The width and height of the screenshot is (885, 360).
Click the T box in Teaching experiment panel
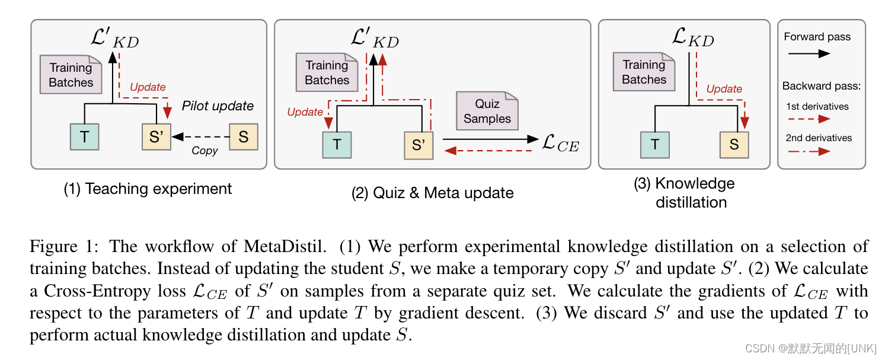pyautogui.click(x=84, y=136)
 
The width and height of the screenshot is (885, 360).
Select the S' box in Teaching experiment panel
pyautogui.click(x=156, y=136)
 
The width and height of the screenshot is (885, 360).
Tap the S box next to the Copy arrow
pyautogui.click(x=243, y=136)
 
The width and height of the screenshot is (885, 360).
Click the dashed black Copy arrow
pyautogui.click(x=202, y=136)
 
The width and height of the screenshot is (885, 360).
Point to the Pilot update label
pyautogui.click(x=218, y=106)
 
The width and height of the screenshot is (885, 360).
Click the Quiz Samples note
pyautogui.click(x=487, y=111)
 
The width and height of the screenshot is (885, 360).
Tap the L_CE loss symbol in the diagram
pyautogui.click(x=561, y=144)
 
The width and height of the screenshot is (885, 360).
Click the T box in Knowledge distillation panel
pyautogui.click(x=654, y=144)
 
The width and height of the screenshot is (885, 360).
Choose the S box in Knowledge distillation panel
pyautogui.click(x=734, y=144)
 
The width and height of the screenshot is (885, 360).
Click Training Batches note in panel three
pyautogui.click(x=644, y=72)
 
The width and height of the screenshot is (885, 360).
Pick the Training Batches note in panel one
pyautogui.click(x=71, y=75)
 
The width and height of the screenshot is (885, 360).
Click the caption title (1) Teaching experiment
pyautogui.click(x=148, y=189)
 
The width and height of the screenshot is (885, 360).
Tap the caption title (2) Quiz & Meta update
pyautogui.click(x=432, y=193)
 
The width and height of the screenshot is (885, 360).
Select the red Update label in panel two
pyautogui.click(x=305, y=112)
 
